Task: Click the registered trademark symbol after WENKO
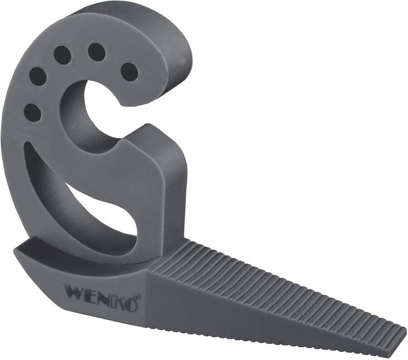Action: click(137, 297)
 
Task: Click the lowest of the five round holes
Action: click(32, 112)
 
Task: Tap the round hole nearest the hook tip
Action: click(129, 72)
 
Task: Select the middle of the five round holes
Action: click(63, 55)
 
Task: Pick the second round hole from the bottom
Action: click(38, 76)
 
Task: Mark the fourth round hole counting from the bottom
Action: click(97, 52)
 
